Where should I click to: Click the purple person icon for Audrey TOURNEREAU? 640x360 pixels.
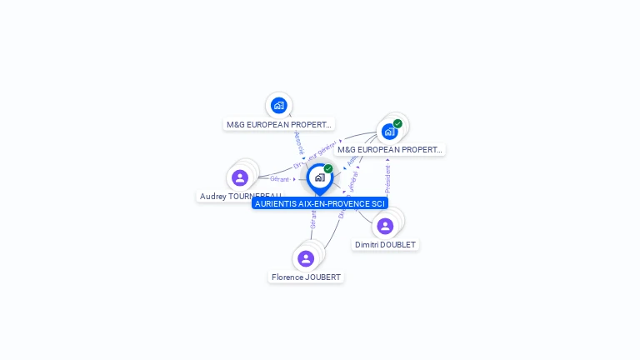[240, 177]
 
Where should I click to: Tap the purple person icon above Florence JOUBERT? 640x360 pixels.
[306, 258]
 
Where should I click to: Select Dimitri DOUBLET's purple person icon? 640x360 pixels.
[385, 226]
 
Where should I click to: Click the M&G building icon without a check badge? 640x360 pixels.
[278, 106]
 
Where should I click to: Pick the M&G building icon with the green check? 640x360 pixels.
[389, 132]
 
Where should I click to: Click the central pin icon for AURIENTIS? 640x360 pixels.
[319, 177]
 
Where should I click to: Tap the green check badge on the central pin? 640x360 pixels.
[328, 169]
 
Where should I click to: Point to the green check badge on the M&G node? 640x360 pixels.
[397, 124]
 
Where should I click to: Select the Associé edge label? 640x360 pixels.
[299, 143]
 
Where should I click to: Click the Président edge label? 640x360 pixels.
[387, 177]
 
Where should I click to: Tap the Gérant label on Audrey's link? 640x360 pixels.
[280, 179]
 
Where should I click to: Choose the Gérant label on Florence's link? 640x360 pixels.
[313, 219]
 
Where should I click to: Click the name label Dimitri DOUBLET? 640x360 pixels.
[385, 245]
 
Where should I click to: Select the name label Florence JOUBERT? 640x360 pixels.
[306, 277]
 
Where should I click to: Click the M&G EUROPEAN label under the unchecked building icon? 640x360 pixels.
[278, 125]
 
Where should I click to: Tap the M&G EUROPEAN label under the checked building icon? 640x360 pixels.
[389, 150]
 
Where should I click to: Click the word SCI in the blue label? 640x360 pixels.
[378, 203]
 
